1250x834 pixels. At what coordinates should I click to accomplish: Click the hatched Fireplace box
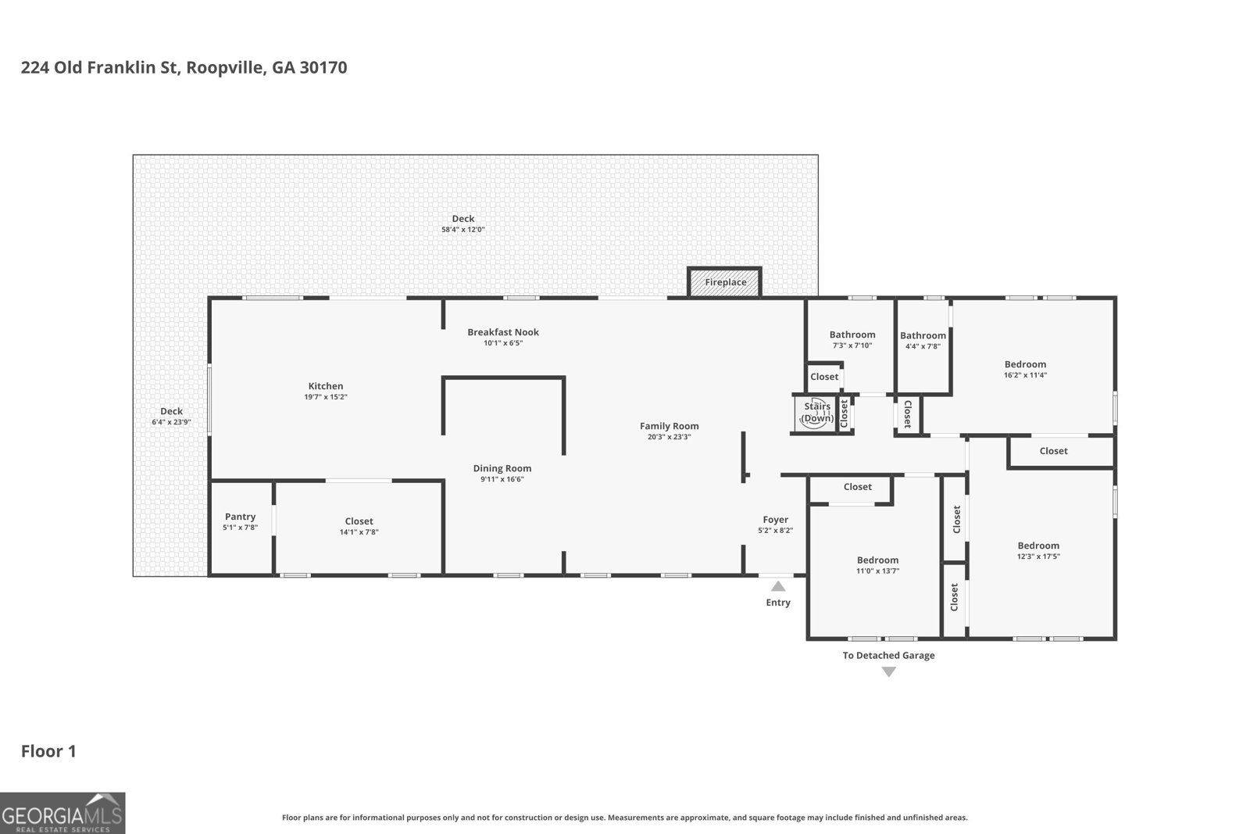[x=724, y=282]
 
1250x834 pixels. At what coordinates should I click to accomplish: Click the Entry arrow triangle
[x=778, y=586]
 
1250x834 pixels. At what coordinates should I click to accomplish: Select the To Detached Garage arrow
[x=888, y=671]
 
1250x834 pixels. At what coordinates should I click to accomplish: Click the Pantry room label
[x=240, y=517]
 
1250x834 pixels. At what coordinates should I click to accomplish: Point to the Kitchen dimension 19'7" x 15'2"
[x=326, y=397]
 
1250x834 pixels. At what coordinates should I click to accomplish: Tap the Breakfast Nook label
[x=503, y=332]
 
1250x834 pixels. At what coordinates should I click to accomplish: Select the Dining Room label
[x=502, y=468]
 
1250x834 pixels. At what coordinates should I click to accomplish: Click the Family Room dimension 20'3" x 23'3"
[x=669, y=437]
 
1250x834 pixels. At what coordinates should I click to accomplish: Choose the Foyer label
[x=775, y=520]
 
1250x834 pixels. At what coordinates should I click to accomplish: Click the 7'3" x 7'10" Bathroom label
[x=852, y=335]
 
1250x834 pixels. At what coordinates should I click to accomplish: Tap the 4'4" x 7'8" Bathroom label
[x=923, y=335]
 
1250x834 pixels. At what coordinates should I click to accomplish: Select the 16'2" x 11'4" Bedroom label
[x=1025, y=364]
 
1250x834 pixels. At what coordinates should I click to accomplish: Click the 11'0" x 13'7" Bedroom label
[x=877, y=560]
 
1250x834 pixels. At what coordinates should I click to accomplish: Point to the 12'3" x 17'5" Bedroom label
[x=1038, y=546]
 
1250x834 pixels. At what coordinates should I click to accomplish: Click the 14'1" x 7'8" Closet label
[x=359, y=521]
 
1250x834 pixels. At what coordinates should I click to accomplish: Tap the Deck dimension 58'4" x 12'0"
[x=462, y=230]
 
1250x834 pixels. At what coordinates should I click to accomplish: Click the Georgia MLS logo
[x=62, y=813]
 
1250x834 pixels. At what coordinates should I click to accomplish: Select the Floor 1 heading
[x=48, y=751]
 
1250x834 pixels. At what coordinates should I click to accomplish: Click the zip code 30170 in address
[x=323, y=67]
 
